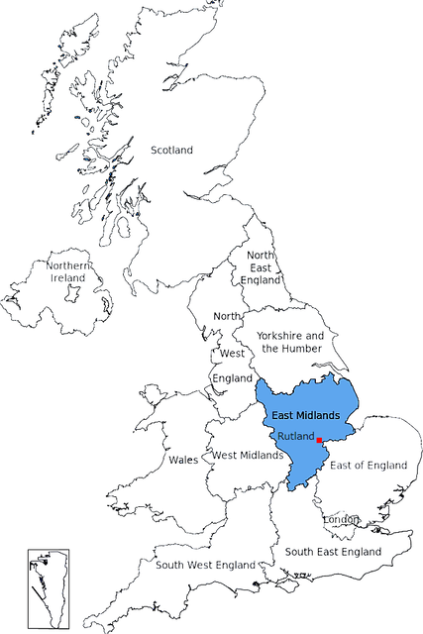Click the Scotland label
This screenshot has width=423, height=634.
171,150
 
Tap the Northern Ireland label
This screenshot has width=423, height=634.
68,271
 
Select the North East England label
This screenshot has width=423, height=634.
261,267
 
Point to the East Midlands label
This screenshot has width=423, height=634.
306,415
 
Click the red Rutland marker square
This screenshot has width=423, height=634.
319,439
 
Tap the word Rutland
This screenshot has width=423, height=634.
296,436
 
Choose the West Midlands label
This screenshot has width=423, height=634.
249,456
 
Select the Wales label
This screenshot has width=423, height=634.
183,460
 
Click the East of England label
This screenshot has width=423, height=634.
369,465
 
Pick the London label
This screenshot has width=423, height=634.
341,520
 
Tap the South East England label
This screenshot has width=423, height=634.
333,551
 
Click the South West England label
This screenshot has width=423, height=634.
205,565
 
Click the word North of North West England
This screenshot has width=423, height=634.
227,316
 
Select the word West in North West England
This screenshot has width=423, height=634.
232,353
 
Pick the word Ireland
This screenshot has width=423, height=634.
68,278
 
